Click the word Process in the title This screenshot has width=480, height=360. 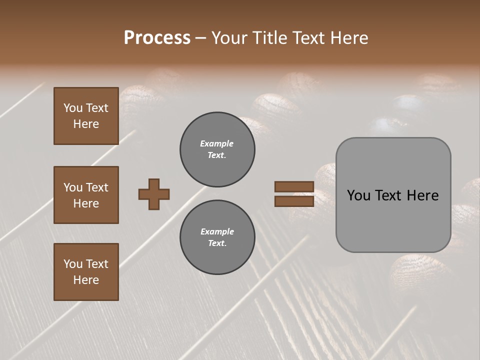coord(157,38)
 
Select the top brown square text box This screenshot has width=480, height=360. coord(86,116)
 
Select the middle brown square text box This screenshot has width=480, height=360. coord(86,195)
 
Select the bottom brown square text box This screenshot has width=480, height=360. coord(86,272)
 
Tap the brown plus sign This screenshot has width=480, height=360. coord(154,194)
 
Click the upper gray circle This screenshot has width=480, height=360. coord(217,149)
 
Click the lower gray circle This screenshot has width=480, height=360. coord(217,237)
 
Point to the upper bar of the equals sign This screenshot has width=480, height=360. coord(294,187)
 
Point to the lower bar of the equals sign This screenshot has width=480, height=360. coord(294,201)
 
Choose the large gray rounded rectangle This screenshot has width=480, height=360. coord(393,195)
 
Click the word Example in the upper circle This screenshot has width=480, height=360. coord(216,143)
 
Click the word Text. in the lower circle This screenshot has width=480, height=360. coord(217,243)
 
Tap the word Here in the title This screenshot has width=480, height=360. coord(350,38)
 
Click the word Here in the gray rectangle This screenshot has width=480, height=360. coord(422,195)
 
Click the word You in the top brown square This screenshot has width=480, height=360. coord(73,108)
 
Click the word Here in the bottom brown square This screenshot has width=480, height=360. coord(86,280)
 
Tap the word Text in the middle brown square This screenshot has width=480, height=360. coord(96,187)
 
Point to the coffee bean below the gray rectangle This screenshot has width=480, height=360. coord(415,272)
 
